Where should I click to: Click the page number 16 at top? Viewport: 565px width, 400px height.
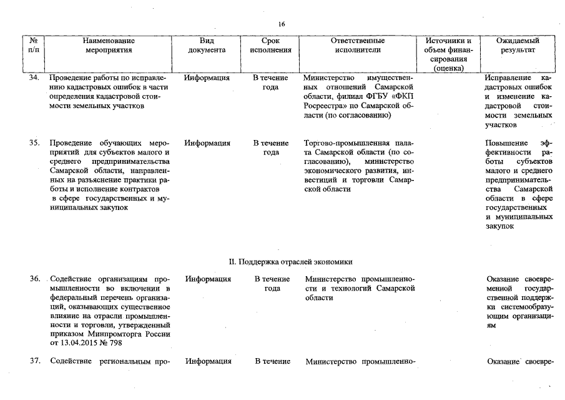point(282,24)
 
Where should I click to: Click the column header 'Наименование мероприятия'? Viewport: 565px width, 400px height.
point(109,45)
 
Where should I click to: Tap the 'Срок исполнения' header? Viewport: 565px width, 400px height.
point(270,45)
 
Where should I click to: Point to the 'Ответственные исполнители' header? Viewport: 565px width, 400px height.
point(357,45)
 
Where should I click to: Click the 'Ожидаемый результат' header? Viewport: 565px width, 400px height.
point(518,45)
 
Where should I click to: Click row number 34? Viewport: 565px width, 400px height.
point(35,78)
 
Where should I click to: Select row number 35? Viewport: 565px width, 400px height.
point(35,143)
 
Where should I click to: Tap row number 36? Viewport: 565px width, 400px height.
point(35,279)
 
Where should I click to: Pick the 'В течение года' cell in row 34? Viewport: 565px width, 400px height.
point(270,83)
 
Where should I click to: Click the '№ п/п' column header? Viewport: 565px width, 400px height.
point(35,45)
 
